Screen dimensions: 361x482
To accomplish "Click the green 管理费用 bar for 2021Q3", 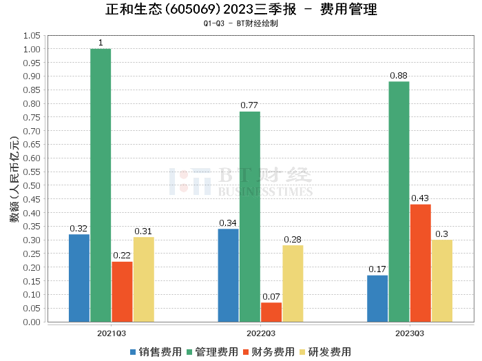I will pyautogui.click(x=101, y=185).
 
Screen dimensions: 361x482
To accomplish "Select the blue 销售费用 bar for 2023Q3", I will pyautogui.click(x=377, y=298).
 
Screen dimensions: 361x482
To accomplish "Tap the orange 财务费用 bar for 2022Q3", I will pyautogui.click(x=271, y=312).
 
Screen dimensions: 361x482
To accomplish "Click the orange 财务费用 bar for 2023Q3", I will pyautogui.click(x=420, y=262).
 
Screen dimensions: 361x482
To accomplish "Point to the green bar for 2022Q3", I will pyautogui.click(x=250, y=216).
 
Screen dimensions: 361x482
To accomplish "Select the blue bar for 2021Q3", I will pyautogui.click(x=79, y=278).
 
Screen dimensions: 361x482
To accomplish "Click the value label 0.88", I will pyautogui.click(x=399, y=75).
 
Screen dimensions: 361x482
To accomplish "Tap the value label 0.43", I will pyautogui.click(x=420, y=198).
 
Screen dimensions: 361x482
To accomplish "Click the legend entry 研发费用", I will pyautogui.click(x=326, y=352).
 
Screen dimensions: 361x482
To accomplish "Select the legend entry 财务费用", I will pyautogui.click(x=269, y=352).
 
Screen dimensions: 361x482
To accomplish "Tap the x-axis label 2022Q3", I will pyautogui.click(x=260, y=333).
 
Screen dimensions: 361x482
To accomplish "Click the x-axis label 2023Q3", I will pyautogui.click(x=410, y=333).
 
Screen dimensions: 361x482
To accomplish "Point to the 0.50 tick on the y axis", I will pyautogui.click(x=32, y=185).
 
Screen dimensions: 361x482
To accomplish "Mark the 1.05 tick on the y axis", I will pyautogui.click(x=32, y=35).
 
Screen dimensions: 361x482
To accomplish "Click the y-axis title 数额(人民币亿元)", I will pyautogui.click(x=13, y=179).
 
